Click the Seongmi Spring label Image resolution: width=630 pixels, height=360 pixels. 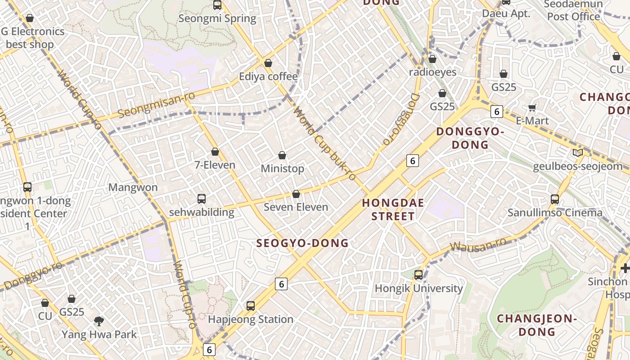coord(217,19)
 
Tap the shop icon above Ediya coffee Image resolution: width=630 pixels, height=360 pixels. coord(268,63)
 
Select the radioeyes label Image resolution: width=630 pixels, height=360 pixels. coord(432,72)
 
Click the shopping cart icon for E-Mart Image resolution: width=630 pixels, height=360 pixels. coord(532,108)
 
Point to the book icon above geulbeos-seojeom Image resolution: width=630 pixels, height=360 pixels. coord(578,153)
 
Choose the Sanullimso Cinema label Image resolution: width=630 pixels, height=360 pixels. coord(555,213)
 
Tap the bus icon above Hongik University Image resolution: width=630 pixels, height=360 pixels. coord(418,274)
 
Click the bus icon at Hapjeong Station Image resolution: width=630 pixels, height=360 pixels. coord(251,306)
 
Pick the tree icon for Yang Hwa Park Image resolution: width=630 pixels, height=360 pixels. coord(99,321)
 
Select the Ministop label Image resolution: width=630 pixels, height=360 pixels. coord(283,169)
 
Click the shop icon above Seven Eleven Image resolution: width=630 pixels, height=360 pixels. coord(296,194)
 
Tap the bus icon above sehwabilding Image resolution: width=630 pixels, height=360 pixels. coord(202,198)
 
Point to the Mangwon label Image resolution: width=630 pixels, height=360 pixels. coord(133,187)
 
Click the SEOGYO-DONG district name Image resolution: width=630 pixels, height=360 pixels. coord(302,243)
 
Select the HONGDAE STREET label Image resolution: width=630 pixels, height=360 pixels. coord(393,210)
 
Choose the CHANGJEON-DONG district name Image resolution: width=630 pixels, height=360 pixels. coord(537,325)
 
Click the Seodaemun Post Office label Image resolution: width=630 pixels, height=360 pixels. coord(573,11)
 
